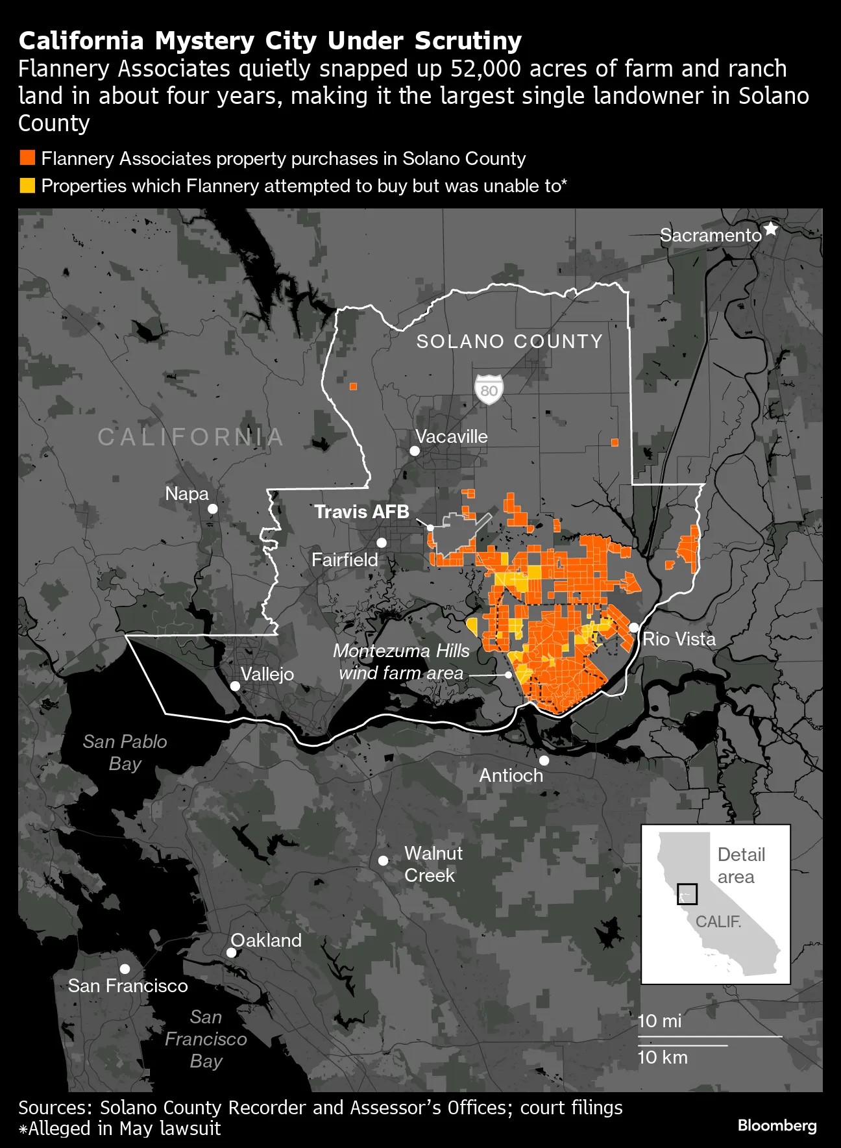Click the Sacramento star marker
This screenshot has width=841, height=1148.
pyautogui.click(x=770, y=229)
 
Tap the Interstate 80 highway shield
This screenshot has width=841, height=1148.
pyautogui.click(x=489, y=390)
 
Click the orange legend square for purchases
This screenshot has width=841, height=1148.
pyautogui.click(x=27, y=158)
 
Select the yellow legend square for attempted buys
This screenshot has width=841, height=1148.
pyautogui.click(x=27, y=186)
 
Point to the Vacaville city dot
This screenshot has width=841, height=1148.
pyautogui.click(x=415, y=451)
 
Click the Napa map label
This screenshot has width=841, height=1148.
pyautogui.click(x=187, y=493)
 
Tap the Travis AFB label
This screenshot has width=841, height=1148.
pyautogui.click(x=361, y=512)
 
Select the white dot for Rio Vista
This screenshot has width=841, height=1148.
pyautogui.click(x=634, y=627)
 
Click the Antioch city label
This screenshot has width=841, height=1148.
pyautogui.click(x=511, y=775)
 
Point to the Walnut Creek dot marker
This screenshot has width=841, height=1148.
pyautogui.click(x=384, y=860)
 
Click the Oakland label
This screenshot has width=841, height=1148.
pyautogui.click(x=266, y=940)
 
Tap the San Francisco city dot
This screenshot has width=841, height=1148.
pyautogui.click(x=125, y=969)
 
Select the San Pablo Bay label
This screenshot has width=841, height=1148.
pyautogui.click(x=125, y=752)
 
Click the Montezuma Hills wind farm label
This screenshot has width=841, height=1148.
pyautogui.click(x=401, y=662)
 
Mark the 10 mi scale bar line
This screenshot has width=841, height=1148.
pyautogui.click(x=710, y=1036)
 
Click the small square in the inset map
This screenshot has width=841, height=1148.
pyautogui.click(x=687, y=894)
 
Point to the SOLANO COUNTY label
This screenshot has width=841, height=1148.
pyautogui.click(x=509, y=342)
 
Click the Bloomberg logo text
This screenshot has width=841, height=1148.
pyautogui.click(x=777, y=1125)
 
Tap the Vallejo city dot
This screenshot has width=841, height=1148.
pyautogui.click(x=236, y=686)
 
